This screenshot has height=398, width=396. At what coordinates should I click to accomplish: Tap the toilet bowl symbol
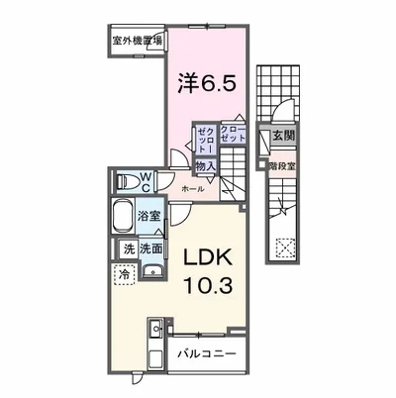coord(124,181)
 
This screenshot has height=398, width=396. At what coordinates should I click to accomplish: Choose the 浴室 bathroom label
coord(149,214)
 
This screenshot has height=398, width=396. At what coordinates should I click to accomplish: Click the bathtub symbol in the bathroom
coord(123,217)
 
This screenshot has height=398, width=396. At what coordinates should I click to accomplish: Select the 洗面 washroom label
coord(150,249)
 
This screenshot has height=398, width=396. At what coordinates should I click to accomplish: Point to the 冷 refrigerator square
coord(124,273)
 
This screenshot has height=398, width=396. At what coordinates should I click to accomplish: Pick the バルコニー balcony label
coord(207,352)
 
